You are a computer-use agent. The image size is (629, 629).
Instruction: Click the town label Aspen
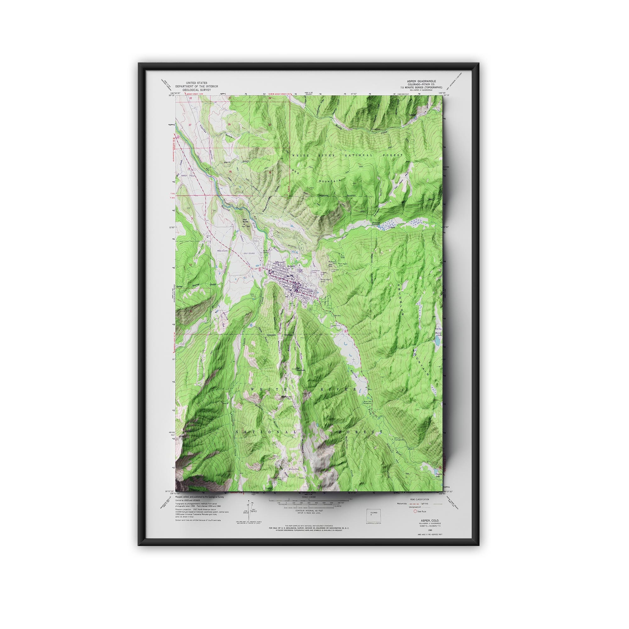pyautogui.click(x=291, y=266)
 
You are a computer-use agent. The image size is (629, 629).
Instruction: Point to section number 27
pyautogui.click(x=190, y=125)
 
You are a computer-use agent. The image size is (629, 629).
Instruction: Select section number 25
pyautogui.click(x=270, y=125)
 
